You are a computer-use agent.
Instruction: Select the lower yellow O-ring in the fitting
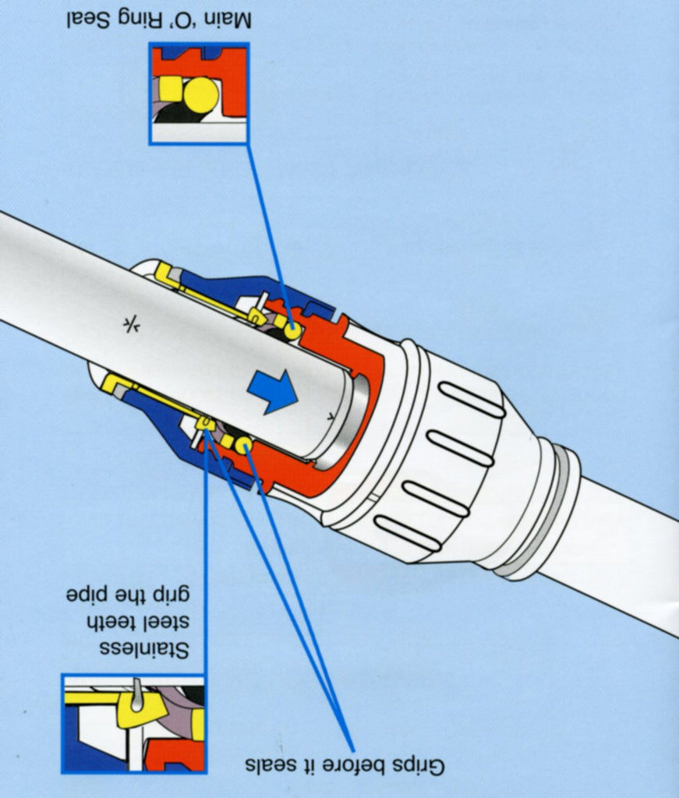click(242, 445)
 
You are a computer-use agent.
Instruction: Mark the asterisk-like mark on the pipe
click(130, 325)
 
